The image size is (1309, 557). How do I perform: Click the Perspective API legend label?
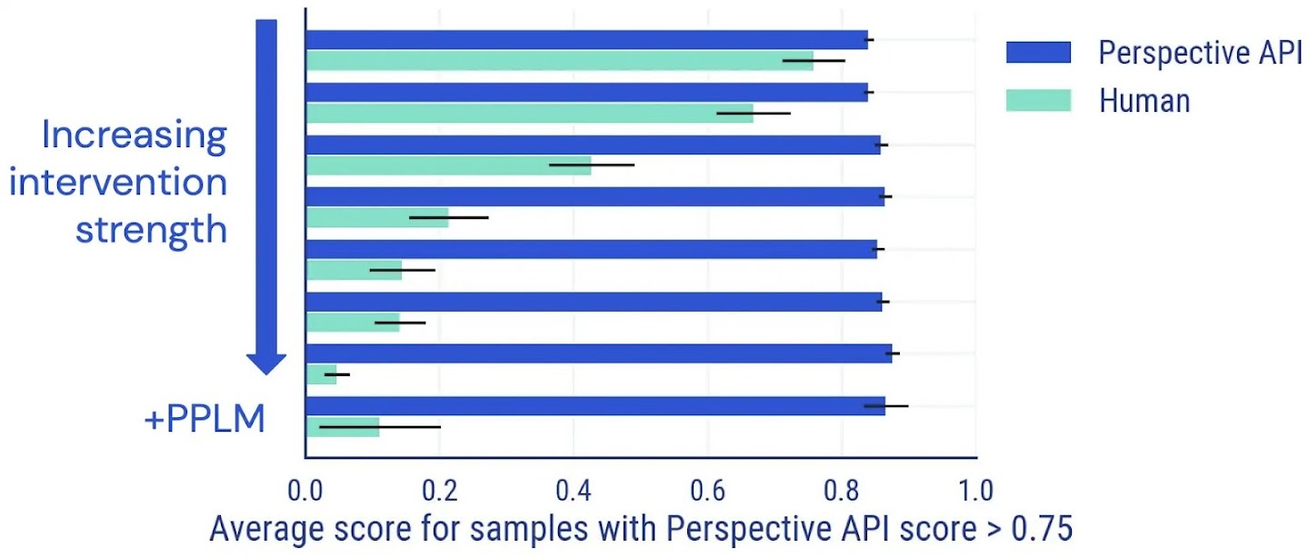[x=1200, y=53]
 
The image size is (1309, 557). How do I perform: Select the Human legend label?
[x=1144, y=100]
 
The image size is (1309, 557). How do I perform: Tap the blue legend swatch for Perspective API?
[x=1038, y=53]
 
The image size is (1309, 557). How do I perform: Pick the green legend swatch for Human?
[x=1038, y=100]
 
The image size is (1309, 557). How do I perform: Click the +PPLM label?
[x=205, y=420]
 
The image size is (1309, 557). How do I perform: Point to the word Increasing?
[x=134, y=136]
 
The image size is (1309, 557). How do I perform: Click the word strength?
[x=150, y=229]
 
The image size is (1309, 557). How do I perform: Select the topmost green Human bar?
[x=559, y=61]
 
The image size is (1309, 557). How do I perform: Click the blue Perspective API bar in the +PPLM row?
[x=595, y=406]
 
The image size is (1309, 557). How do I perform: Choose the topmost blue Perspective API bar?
[x=586, y=40]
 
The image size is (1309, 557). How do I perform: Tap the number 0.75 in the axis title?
[x=1039, y=529]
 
